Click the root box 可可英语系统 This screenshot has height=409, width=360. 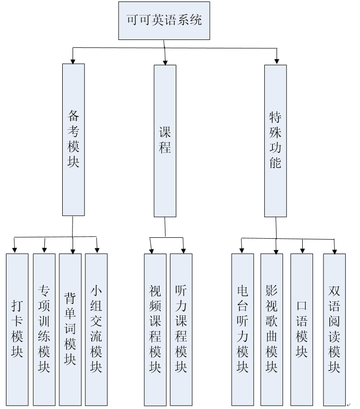163,21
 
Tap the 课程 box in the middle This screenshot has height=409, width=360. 165,141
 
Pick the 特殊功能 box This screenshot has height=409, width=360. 275,141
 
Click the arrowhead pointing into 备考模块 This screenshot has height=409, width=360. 73,61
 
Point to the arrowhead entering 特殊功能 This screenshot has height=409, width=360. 277,61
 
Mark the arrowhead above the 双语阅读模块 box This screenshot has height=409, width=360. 334,250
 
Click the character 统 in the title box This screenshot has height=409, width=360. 196,21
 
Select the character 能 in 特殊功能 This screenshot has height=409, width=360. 275,162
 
